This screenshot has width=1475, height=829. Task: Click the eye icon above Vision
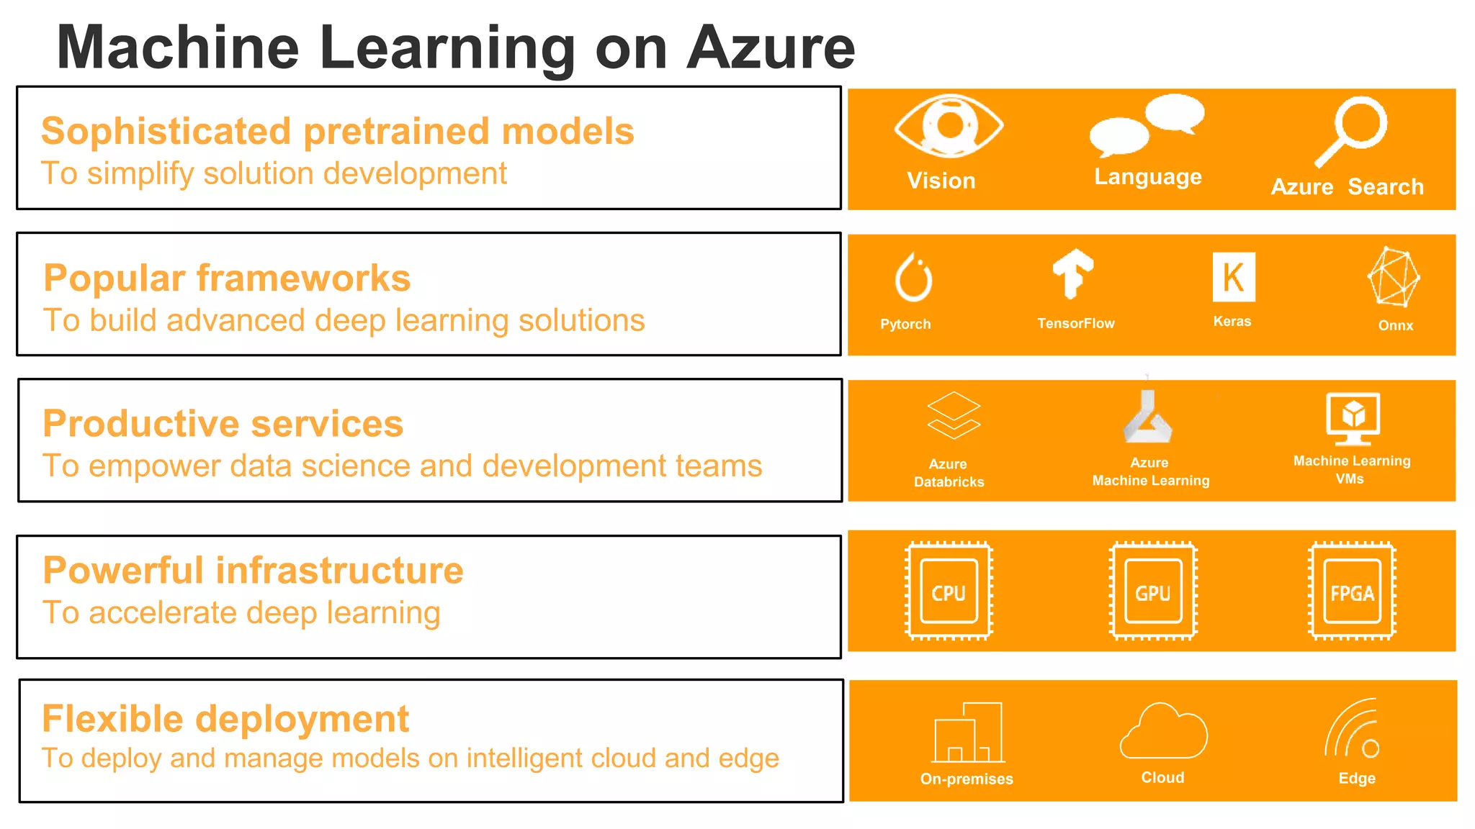(x=949, y=126)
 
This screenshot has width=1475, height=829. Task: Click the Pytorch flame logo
(x=913, y=278)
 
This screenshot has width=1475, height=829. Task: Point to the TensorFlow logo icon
(x=1073, y=273)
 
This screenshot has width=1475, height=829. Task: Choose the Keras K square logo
(x=1233, y=277)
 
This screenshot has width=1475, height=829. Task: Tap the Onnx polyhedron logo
(x=1394, y=277)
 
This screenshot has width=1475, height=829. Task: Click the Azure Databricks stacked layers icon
(x=954, y=415)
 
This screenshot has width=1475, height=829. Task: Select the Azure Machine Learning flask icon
(x=1148, y=417)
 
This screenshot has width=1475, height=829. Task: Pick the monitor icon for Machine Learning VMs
(x=1353, y=418)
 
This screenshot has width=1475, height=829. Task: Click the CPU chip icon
(x=949, y=591)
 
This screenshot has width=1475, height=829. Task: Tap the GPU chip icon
(x=1153, y=591)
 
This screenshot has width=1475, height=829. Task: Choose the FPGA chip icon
(x=1352, y=591)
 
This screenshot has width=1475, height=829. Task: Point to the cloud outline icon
(x=1163, y=731)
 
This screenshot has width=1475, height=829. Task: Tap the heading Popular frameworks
(x=227, y=278)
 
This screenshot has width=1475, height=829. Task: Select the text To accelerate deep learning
(x=241, y=613)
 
